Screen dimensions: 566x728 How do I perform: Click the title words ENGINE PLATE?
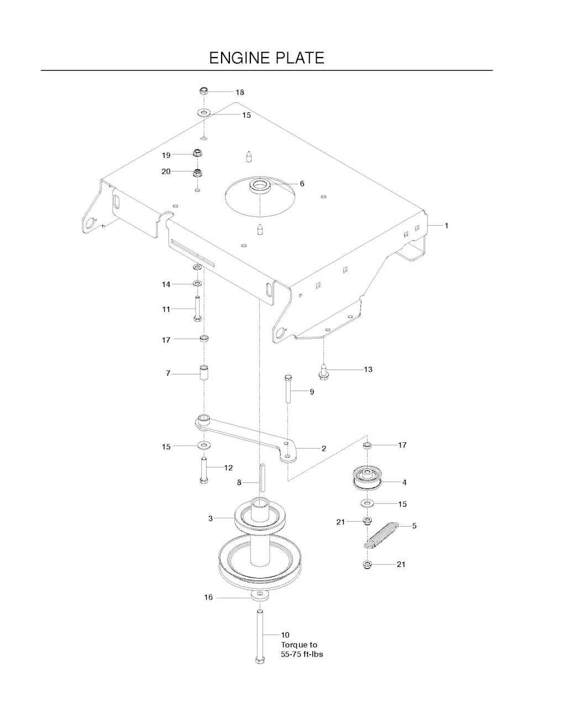pos(266,58)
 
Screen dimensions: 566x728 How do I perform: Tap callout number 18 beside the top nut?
pos(240,92)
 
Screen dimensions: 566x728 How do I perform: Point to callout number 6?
pos(302,184)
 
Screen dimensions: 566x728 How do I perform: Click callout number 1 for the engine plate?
pos(446,226)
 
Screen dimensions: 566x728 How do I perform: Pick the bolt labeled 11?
pos(197,309)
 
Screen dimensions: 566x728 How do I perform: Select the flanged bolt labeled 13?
pos(323,372)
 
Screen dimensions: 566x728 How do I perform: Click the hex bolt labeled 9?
pos(288,389)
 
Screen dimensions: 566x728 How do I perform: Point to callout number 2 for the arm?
pos(324,449)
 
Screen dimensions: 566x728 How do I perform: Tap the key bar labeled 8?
pos(262,478)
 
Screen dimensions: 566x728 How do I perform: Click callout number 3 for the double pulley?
pos(211,518)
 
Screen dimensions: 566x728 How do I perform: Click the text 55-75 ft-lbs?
pos(302,654)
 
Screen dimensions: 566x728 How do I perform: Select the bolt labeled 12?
pos(204,471)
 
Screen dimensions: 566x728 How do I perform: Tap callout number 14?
pos(166,285)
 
